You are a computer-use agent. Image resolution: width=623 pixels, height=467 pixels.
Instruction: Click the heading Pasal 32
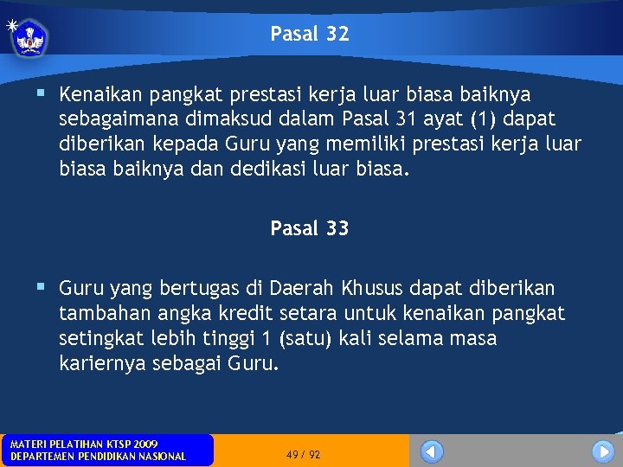click(x=310, y=35)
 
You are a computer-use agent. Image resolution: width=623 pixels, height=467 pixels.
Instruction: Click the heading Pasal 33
click(x=310, y=229)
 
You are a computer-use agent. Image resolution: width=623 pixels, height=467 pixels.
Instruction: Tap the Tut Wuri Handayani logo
click(x=30, y=37)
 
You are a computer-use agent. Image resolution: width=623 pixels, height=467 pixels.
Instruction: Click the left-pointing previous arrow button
click(x=432, y=451)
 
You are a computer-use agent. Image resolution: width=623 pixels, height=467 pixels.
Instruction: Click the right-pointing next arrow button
click(x=603, y=451)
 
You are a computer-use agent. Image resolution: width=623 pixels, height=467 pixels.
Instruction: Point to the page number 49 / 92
click(x=303, y=454)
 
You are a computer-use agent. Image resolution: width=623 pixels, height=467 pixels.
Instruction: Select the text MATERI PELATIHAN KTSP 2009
click(x=84, y=444)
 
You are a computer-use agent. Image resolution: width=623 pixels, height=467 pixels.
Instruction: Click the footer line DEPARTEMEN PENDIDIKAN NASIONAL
click(x=98, y=457)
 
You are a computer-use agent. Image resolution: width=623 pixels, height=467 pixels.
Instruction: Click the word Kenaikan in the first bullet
click(x=96, y=93)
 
